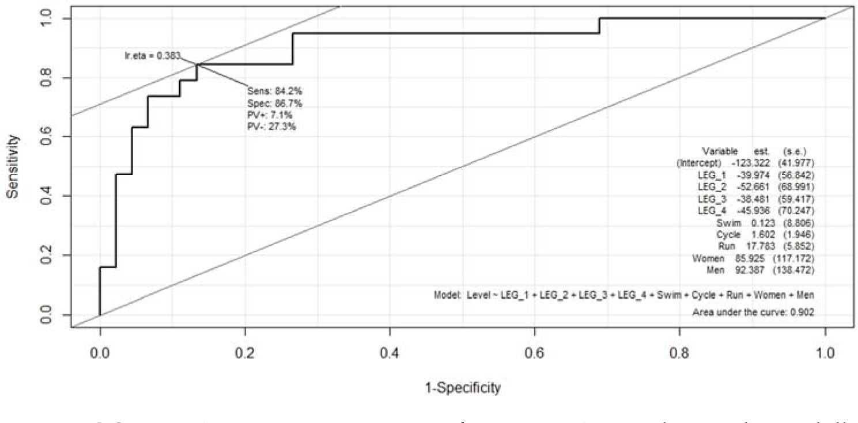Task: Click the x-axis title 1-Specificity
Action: (x=455, y=388)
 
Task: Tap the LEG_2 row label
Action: (x=712, y=186)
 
